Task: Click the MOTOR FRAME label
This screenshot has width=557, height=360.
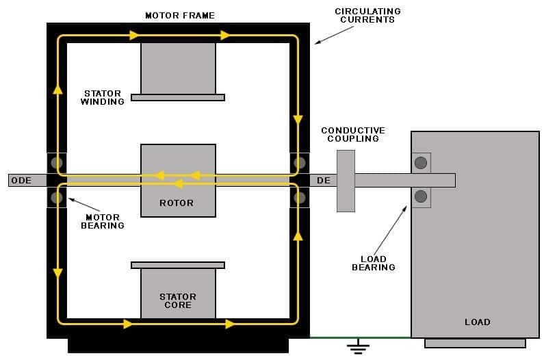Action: coord(179,15)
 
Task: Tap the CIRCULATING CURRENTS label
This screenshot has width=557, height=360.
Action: coord(367,15)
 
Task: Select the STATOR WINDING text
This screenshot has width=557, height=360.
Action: coord(103,97)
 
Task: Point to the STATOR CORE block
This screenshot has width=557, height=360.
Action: coord(178,294)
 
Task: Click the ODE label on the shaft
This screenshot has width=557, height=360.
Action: coord(22,181)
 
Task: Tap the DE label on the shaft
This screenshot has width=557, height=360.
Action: coord(324,181)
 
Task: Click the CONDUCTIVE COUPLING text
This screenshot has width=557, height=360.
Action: coord(353,134)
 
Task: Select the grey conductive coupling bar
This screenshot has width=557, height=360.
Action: coord(346,181)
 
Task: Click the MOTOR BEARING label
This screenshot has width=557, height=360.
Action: coord(103,221)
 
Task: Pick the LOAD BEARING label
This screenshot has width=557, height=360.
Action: coord(374,263)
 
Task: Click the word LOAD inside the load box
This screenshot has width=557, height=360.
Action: coord(478,322)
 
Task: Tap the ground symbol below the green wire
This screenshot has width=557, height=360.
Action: coord(357,348)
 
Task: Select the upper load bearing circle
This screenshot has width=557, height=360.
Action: coord(421,163)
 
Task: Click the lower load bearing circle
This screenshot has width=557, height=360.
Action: coord(421,197)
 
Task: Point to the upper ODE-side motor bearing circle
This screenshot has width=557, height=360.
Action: coord(57,163)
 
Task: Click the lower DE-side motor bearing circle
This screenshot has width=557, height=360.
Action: coord(299,198)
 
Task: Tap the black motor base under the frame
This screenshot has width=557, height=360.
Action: coord(178,345)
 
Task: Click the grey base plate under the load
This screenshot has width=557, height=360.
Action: coord(475,343)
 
